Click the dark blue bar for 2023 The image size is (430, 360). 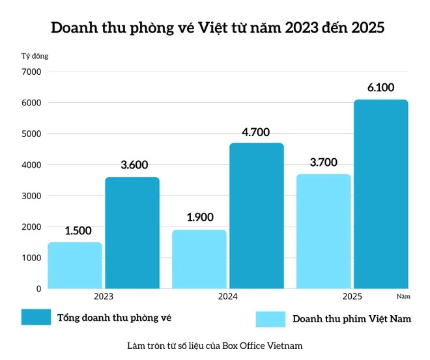click(x=132, y=232)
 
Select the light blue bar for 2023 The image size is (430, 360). click(x=75, y=265)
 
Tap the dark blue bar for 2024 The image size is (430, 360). click(x=256, y=215)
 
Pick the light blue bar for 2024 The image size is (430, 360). click(x=199, y=258)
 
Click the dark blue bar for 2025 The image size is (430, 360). click(x=380, y=193)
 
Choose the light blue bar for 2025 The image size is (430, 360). click(x=323, y=231)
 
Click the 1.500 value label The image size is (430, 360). click(x=78, y=230)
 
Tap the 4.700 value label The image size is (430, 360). click(x=256, y=132)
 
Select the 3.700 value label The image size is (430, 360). click(x=324, y=162)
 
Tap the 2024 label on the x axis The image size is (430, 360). click(x=227, y=296)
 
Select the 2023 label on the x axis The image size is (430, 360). click(x=104, y=296)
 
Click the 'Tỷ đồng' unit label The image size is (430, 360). click(x=35, y=55)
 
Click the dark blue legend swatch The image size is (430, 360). click(x=36, y=317)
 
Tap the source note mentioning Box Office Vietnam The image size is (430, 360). click(x=216, y=345)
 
